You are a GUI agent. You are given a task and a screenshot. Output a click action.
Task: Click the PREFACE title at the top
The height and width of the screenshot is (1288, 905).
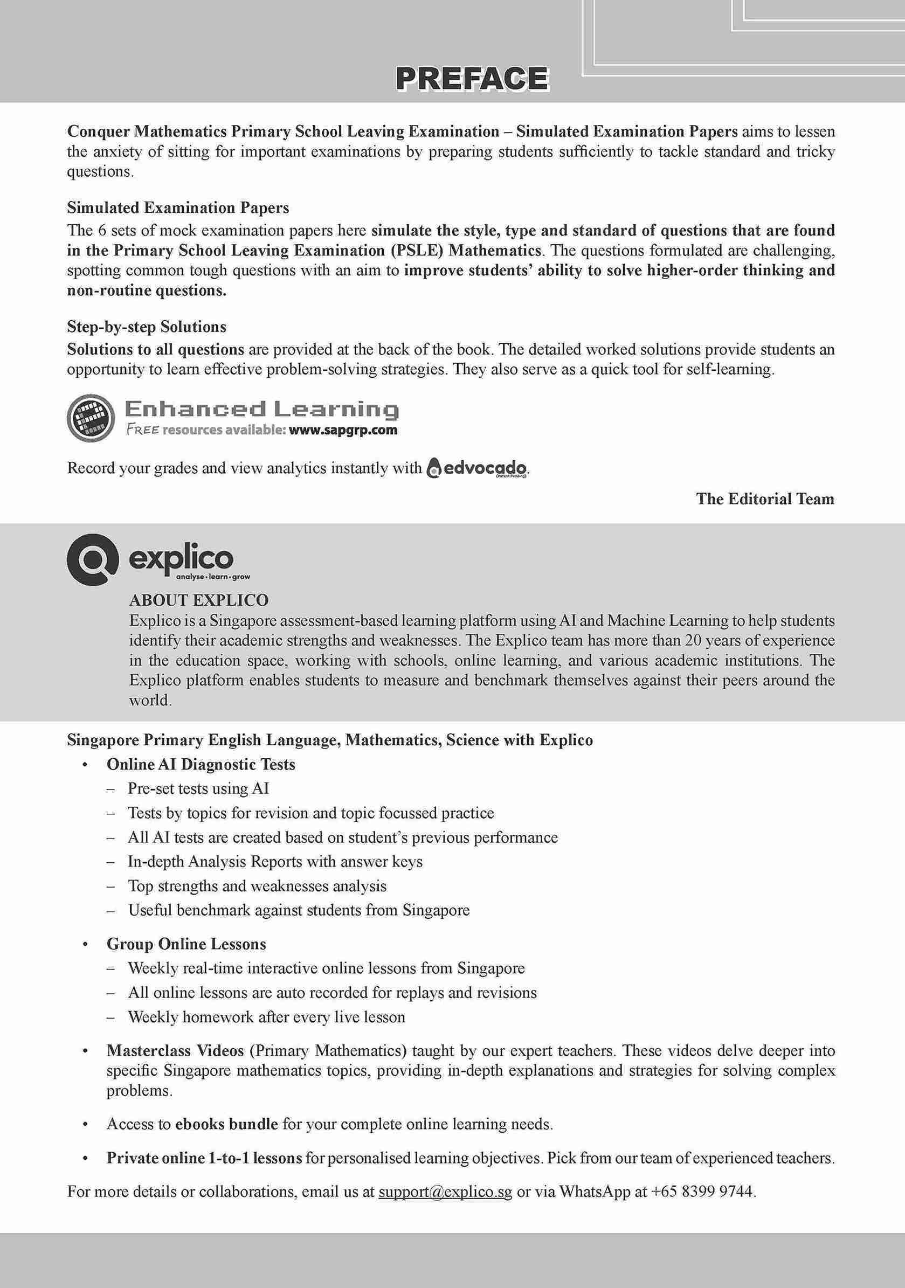[x=472, y=79]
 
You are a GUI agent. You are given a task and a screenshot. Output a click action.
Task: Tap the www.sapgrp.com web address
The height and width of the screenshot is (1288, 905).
[x=343, y=430]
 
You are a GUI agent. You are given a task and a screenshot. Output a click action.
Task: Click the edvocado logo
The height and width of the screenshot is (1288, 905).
[x=478, y=468]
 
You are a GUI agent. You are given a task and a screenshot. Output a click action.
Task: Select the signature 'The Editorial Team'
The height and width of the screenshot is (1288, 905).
[x=765, y=498]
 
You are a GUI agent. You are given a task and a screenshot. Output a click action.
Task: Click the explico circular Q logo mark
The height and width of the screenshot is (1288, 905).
[x=93, y=559]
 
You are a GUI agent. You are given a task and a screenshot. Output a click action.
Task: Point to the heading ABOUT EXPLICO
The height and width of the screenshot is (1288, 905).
[x=198, y=600]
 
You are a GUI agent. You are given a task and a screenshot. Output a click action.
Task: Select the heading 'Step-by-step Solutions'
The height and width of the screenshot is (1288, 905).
[x=147, y=327]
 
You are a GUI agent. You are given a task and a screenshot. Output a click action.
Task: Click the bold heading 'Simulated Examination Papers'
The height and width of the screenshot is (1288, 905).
[x=178, y=207]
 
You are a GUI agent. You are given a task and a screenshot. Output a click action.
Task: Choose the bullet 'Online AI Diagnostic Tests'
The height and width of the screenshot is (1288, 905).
[x=201, y=764]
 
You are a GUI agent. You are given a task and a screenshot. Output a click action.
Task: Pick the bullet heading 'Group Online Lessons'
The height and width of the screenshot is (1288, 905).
[x=186, y=944]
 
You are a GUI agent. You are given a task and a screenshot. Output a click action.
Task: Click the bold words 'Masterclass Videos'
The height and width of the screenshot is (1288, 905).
[x=176, y=1050]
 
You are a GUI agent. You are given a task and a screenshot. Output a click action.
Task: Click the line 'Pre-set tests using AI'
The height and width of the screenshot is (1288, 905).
[x=198, y=789]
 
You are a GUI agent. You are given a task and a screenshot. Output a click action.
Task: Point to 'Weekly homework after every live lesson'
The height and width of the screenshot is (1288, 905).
[x=266, y=1017]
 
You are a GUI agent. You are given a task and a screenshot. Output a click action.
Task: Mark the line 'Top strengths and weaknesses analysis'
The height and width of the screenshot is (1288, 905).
[x=258, y=886]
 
